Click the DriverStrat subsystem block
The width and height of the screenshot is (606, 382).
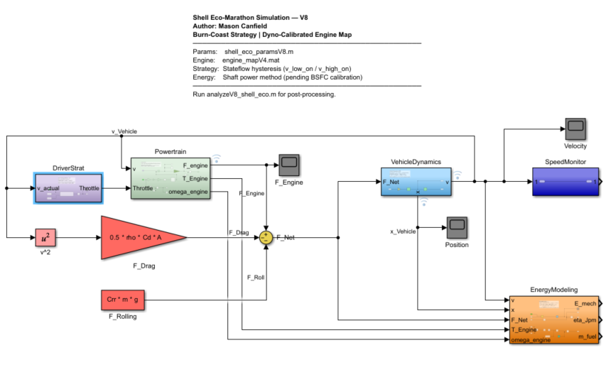68,188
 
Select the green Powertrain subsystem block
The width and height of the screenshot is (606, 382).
169,178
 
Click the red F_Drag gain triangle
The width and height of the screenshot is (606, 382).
142,236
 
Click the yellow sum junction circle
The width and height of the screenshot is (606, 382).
266,236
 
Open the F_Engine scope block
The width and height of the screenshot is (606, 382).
288,165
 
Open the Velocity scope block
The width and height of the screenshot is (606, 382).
575,129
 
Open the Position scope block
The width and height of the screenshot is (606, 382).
456,227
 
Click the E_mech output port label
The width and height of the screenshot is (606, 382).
584,304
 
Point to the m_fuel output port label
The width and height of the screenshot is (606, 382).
585,337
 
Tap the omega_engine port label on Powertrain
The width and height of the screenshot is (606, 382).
188,192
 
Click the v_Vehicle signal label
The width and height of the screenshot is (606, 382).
124,131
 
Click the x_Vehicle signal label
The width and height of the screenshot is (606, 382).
403,231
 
